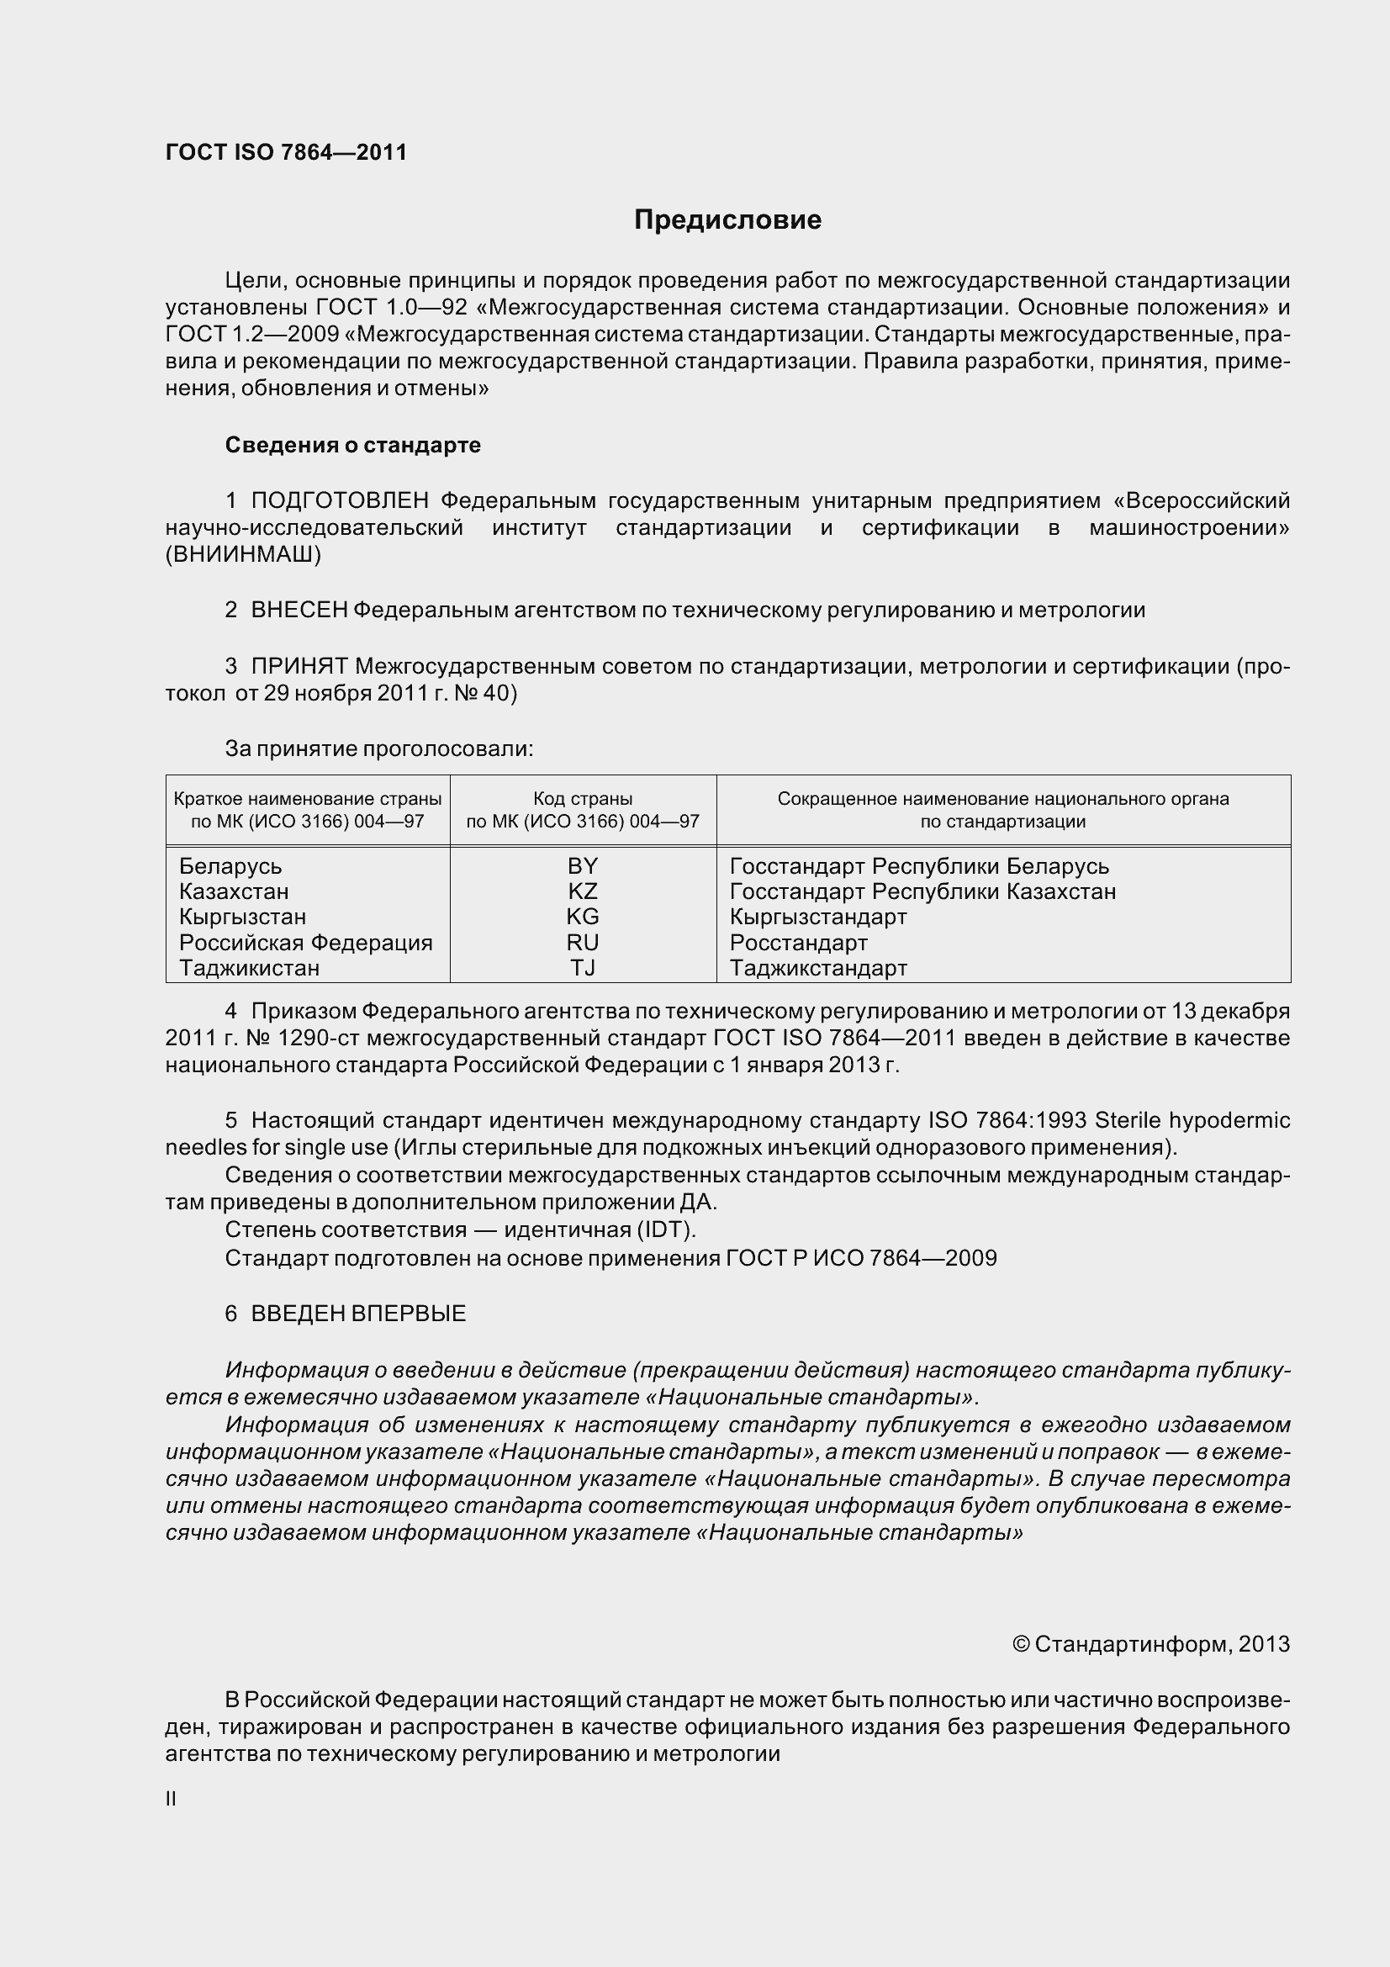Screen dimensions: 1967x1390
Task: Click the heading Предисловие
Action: point(727,220)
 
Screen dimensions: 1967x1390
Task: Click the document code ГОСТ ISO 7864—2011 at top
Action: point(286,152)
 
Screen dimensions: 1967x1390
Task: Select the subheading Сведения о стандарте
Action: point(352,445)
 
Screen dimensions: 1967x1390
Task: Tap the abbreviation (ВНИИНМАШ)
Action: point(242,554)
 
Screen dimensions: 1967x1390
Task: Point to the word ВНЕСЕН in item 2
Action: point(299,610)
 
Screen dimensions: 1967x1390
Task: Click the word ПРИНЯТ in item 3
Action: point(299,666)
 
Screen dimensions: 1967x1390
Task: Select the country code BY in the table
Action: point(583,865)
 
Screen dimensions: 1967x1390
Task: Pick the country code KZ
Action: point(583,891)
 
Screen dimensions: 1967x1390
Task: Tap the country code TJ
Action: point(583,967)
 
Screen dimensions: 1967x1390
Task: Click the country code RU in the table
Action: point(583,943)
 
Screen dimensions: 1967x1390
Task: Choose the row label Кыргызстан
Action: point(242,917)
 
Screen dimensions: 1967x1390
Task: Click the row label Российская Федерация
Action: point(306,943)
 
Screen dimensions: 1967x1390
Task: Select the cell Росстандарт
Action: point(798,943)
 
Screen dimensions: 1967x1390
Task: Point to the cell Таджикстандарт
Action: point(818,968)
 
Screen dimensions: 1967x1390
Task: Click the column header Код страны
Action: point(583,798)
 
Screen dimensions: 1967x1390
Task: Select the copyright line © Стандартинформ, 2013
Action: point(1150,1643)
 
